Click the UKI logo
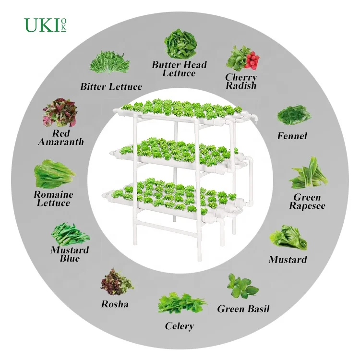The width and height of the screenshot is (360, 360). pos(45,25)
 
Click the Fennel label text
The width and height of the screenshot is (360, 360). pos(292,136)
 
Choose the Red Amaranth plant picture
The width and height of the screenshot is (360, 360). pos(60,113)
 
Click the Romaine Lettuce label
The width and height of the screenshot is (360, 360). pos(53,199)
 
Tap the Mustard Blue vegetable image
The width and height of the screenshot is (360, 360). pos(69,235)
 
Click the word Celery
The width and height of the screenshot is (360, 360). pos(180,326)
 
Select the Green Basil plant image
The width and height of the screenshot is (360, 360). pos(241,287)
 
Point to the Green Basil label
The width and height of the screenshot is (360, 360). pos(243,309)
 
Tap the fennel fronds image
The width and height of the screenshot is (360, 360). pos(294,115)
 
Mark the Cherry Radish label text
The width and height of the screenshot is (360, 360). pos(241,81)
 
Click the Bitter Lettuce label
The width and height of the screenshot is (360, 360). pos(111,87)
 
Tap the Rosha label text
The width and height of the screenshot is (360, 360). pos(115,304)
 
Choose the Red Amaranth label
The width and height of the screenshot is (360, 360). pos(61,137)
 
